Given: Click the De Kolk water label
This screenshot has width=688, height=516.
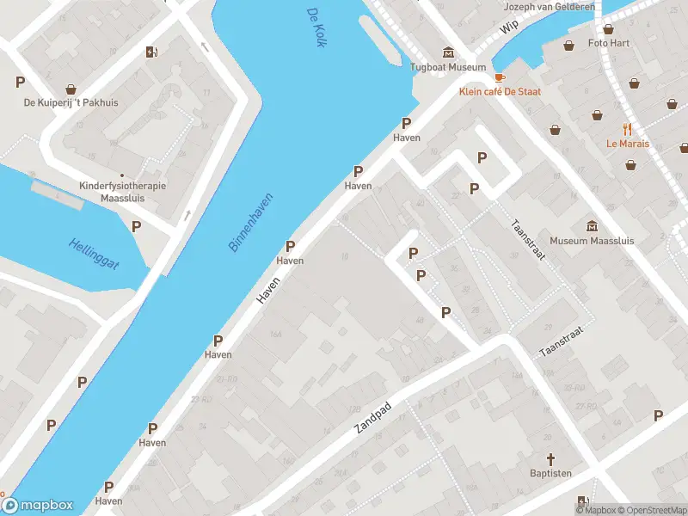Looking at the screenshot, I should coord(316,28).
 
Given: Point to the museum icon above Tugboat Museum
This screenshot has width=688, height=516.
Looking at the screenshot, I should coord(447,52).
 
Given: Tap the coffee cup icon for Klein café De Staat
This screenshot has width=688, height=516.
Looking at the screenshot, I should coord(499,77).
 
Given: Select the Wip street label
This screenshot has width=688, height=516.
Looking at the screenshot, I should coord(508,28).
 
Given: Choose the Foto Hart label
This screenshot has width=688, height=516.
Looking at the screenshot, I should coord(609,43).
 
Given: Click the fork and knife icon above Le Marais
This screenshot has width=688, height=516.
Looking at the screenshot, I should coord(627,129).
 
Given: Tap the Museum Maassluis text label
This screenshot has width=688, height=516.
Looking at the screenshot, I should coord(592,241).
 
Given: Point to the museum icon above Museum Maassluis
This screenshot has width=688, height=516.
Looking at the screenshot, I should coord(592,225).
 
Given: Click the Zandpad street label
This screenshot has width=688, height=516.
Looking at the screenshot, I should coord(372,416).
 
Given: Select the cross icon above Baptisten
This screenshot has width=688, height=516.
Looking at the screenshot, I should coord(550,459).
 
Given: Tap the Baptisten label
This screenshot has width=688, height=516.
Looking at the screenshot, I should coord(550,474).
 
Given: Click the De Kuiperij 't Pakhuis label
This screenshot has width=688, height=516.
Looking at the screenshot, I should coord(71,103).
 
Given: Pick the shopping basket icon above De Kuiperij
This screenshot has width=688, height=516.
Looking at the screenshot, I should coord(71,89).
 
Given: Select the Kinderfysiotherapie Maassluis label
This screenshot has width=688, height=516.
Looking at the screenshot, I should coord(121,191).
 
